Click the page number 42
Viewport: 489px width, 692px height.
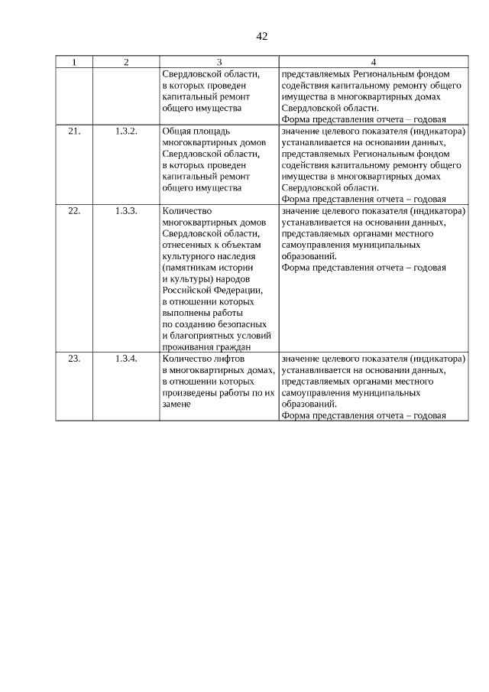pyautogui.click(x=262, y=36)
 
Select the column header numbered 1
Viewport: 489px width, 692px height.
pyautogui.click(x=74, y=62)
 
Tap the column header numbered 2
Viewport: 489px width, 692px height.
pyautogui.click(x=126, y=62)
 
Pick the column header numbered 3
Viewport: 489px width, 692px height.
pyautogui.click(x=219, y=62)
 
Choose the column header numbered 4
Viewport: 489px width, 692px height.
pyautogui.click(x=373, y=62)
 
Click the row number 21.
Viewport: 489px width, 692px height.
pyautogui.click(x=74, y=132)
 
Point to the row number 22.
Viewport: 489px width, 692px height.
pyautogui.click(x=74, y=211)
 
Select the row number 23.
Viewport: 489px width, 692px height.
pyautogui.click(x=74, y=358)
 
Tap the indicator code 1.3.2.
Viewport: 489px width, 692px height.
pyautogui.click(x=126, y=132)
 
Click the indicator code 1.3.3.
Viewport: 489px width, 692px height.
pyautogui.click(x=126, y=211)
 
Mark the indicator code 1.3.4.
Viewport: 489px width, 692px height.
pyautogui.click(x=126, y=358)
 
